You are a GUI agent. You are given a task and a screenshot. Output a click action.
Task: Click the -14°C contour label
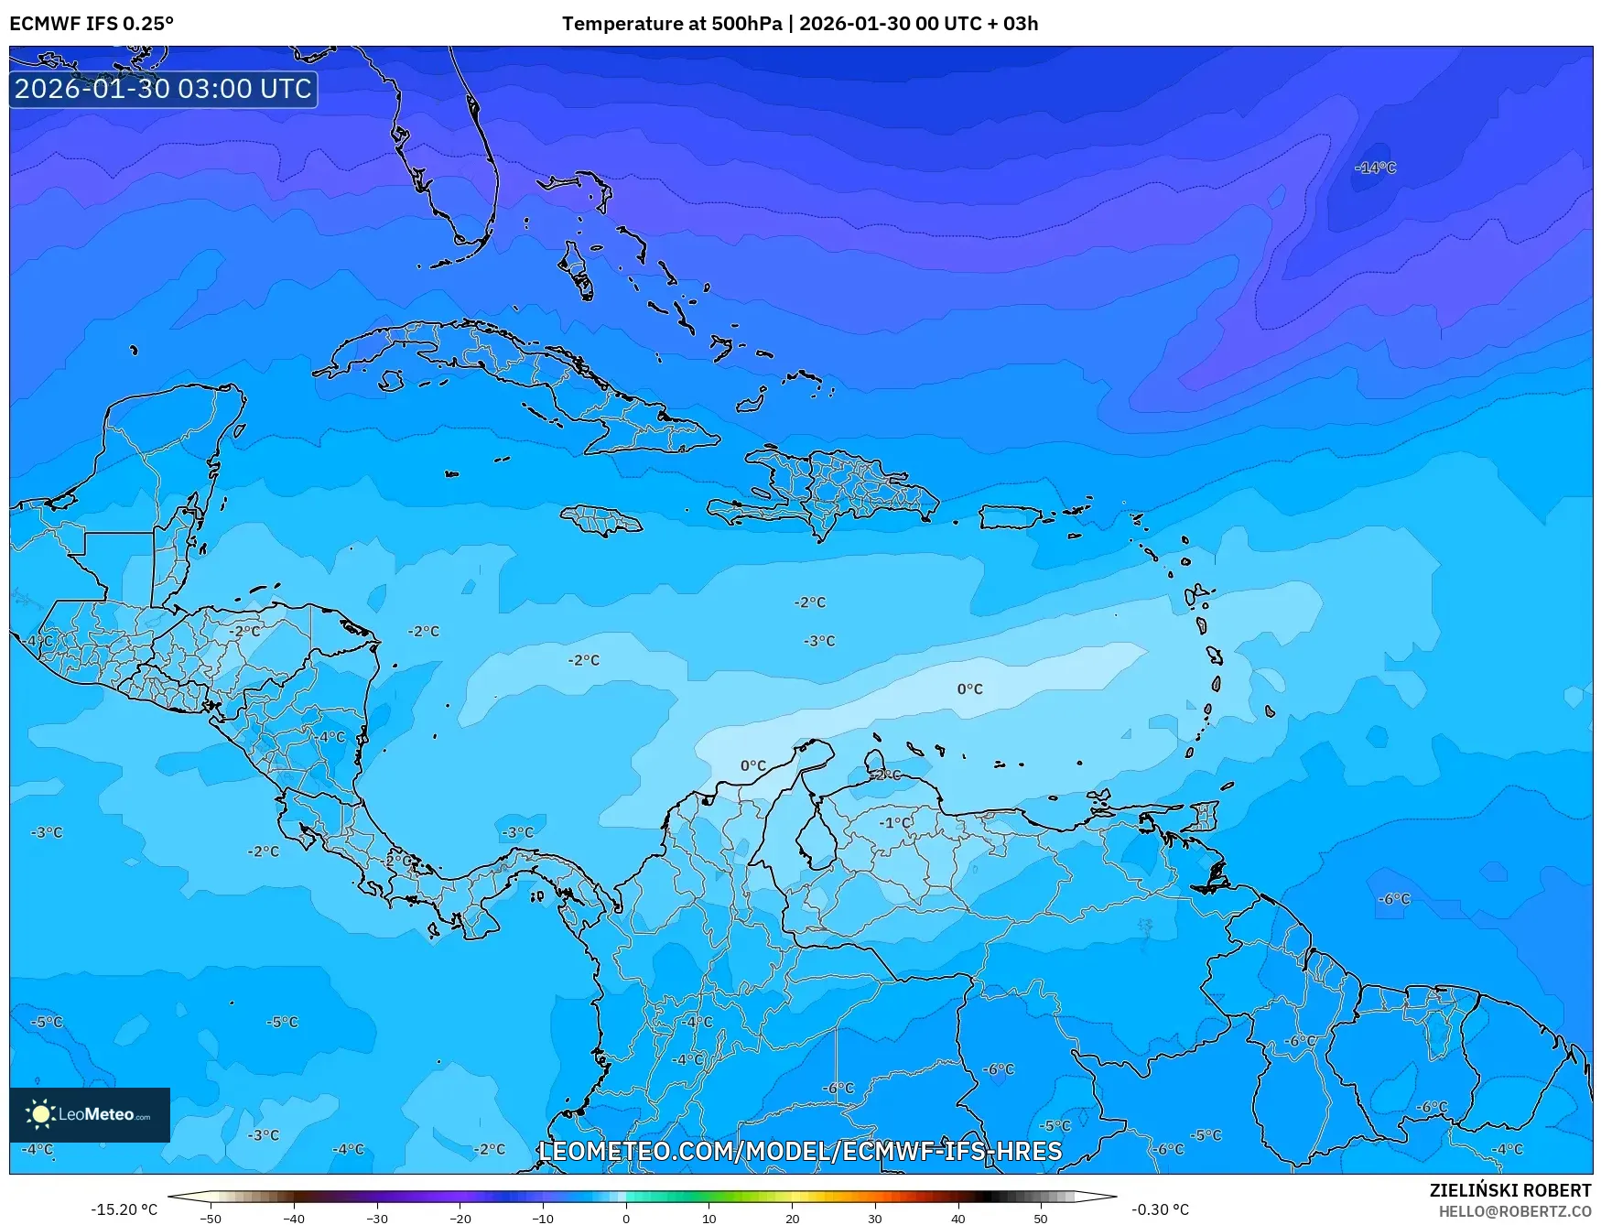click(x=1376, y=168)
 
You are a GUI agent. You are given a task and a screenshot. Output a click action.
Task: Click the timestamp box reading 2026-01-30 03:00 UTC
click(x=164, y=89)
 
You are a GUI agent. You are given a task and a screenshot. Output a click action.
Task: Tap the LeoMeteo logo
click(x=90, y=1114)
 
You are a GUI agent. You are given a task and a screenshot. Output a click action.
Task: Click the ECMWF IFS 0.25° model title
click(x=92, y=24)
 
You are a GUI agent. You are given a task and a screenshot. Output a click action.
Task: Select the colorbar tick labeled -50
click(x=211, y=1218)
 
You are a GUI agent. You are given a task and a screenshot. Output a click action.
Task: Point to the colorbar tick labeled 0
click(x=626, y=1218)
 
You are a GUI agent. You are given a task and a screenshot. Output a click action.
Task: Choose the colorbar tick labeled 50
click(x=1041, y=1218)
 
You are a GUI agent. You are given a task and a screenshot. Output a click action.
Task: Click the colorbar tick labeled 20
click(x=792, y=1218)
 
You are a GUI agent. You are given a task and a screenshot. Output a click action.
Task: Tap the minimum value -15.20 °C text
click(x=124, y=1209)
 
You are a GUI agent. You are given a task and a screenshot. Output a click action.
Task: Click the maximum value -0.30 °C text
click(x=1160, y=1209)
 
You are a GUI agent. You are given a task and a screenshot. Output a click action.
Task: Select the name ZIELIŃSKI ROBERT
click(x=1510, y=1190)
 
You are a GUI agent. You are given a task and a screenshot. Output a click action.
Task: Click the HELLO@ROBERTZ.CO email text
click(x=1515, y=1211)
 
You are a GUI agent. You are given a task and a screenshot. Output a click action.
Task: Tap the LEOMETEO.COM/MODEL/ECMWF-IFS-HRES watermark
click(x=801, y=1151)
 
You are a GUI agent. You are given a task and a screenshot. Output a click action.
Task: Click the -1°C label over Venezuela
click(x=895, y=822)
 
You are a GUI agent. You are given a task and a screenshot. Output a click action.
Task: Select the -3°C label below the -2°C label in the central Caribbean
click(x=819, y=641)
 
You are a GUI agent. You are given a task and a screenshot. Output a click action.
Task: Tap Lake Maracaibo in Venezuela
click(x=813, y=838)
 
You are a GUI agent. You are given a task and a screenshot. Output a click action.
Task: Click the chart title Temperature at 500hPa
click(x=671, y=24)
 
